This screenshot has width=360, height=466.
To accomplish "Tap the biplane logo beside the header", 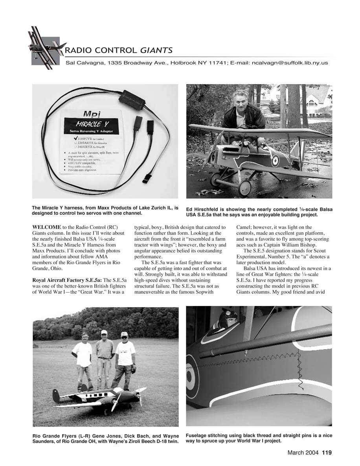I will coord(44,46).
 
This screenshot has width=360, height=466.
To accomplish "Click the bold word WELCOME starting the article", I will coord(46,227).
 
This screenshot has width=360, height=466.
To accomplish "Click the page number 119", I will coord(327,452).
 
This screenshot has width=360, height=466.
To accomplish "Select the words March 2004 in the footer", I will coord(304,452).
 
